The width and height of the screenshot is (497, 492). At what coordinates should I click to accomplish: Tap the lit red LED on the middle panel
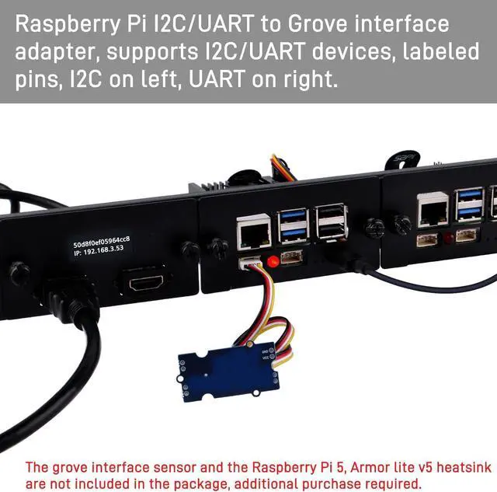pos(273,261)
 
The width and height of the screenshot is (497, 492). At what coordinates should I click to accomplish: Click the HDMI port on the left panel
pos(147,281)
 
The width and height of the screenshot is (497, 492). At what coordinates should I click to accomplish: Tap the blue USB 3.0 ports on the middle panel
pos(293,225)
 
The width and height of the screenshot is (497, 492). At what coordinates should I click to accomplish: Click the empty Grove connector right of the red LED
pos(291,257)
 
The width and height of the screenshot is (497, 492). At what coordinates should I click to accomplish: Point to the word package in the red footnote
pos(195,483)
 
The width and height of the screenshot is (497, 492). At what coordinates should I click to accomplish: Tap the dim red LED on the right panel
pos(448,237)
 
